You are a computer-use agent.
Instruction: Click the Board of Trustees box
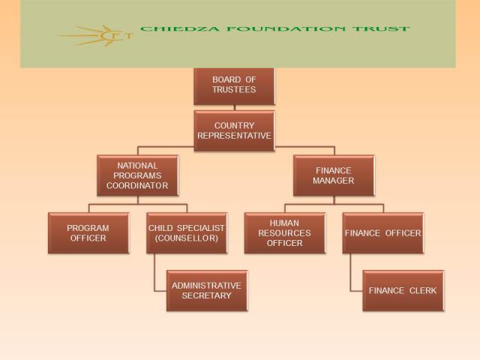234,86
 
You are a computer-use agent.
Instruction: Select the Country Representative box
234,130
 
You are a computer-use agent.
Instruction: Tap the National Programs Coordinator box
138,175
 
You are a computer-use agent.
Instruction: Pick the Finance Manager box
334,175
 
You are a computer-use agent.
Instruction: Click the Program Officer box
88,233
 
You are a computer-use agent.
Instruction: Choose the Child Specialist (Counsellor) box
187,233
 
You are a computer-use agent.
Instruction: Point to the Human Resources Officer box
285,233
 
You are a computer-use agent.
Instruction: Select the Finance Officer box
383,233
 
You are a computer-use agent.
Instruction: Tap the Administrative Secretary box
207,290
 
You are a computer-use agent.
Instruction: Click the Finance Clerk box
403,290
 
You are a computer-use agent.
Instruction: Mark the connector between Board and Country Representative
235,108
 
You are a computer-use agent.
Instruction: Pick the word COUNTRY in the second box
234,125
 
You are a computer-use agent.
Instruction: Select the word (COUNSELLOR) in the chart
187,238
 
